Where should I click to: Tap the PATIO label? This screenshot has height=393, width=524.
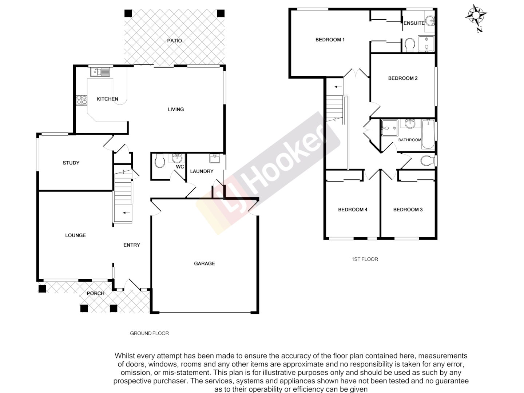(x=174, y=41)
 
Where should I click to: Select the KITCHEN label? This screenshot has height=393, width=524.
(x=107, y=99)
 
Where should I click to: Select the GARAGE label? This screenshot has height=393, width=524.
(x=204, y=263)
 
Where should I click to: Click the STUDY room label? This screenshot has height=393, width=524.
(x=71, y=163)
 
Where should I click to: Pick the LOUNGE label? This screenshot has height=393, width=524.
(x=76, y=235)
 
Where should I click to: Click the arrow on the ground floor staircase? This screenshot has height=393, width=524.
(x=127, y=213)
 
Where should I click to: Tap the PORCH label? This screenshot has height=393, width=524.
(x=96, y=293)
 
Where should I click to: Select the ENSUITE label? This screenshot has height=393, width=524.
(x=414, y=23)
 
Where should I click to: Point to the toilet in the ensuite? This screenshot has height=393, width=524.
(x=409, y=45)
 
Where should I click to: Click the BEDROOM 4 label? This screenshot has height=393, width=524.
(x=353, y=210)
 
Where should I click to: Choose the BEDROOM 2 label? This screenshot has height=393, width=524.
(x=403, y=78)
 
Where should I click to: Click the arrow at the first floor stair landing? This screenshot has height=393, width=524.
(x=338, y=87)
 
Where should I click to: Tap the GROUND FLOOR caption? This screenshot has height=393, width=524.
(x=150, y=333)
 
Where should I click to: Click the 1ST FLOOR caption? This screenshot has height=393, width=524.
(x=365, y=259)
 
